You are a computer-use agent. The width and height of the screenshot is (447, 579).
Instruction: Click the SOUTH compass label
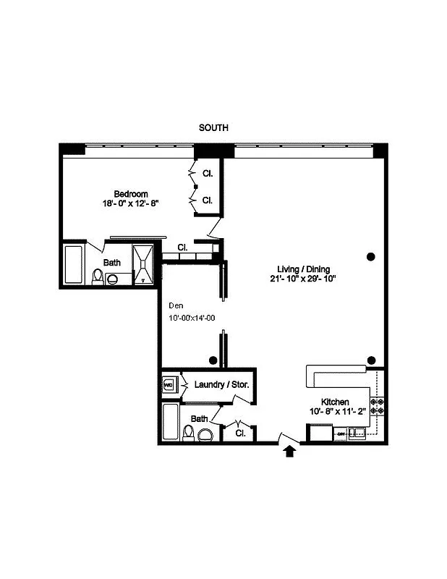213,127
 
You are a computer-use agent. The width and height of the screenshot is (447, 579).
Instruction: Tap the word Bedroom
131,194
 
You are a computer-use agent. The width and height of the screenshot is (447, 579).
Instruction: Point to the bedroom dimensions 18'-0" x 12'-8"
131,204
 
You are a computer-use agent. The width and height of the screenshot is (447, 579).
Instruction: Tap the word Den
175,305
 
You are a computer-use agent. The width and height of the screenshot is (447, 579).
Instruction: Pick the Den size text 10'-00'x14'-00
191,317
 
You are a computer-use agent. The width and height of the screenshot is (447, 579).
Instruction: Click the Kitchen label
336,402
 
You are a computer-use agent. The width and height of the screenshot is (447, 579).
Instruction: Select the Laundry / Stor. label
221,384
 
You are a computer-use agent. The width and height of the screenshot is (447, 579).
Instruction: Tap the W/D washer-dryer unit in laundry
169,385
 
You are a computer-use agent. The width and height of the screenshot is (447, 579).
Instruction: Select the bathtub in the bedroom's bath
74,265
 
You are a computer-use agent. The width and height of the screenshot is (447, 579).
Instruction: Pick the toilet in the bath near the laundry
189,433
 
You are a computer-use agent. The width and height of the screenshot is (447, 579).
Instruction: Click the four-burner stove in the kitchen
377,407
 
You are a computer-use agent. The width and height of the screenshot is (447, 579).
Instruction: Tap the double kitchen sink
357,434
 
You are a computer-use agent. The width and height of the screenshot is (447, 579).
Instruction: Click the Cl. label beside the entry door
240,433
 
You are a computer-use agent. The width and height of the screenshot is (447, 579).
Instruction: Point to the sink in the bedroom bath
112,276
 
